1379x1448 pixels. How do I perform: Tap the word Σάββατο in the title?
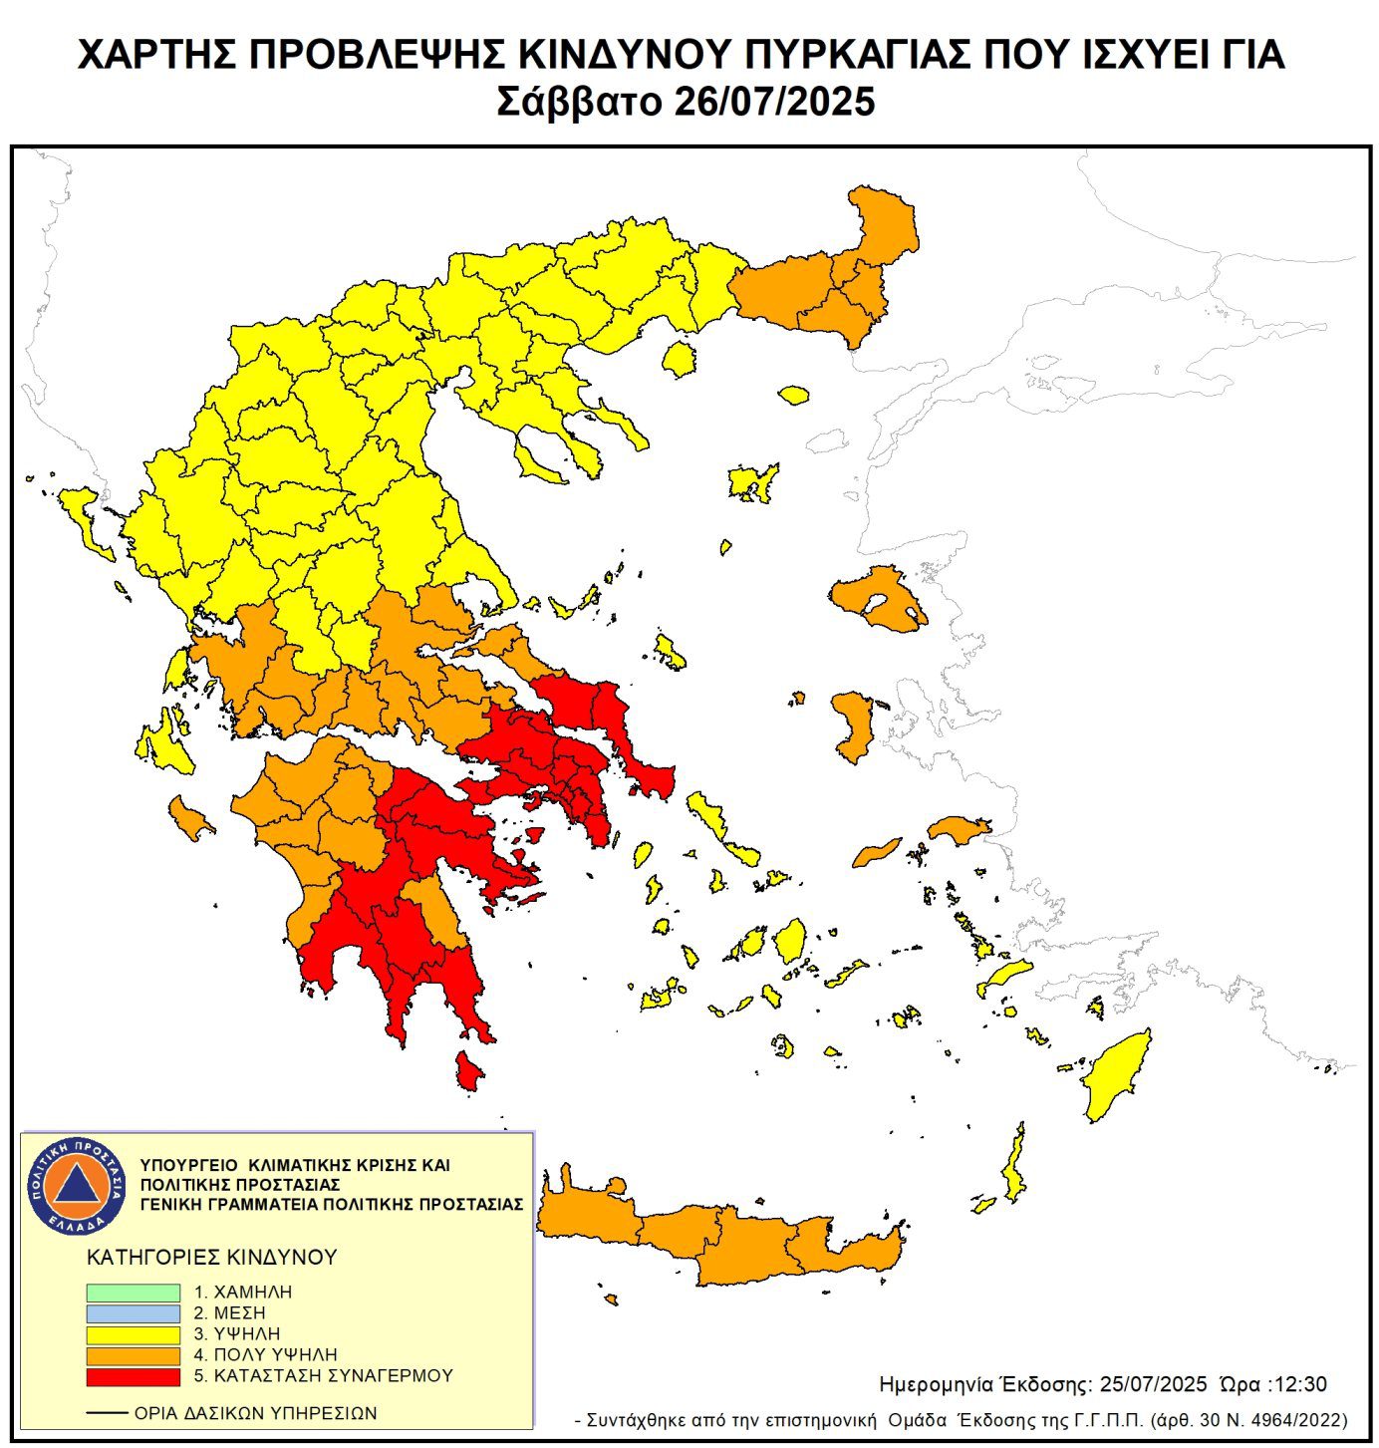tap(579, 102)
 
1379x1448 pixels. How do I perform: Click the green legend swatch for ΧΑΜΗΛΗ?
tap(133, 1292)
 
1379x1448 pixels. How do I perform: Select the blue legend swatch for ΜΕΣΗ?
tap(133, 1312)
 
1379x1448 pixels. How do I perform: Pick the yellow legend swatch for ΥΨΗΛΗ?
tap(133, 1333)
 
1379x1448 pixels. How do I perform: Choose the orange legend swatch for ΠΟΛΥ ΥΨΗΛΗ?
tap(133, 1355)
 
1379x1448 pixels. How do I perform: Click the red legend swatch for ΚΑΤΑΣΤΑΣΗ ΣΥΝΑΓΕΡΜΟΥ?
tap(133, 1376)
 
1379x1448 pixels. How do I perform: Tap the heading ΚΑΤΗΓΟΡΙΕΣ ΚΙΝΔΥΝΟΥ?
tap(212, 1258)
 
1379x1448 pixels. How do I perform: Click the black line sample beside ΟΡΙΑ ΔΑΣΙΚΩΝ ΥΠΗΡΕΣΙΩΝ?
tap(107, 1413)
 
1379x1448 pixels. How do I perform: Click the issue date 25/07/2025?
tap(1153, 1384)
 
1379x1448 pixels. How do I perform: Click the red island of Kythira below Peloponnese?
tap(468, 1071)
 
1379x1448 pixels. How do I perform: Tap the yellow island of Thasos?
tap(680, 358)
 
